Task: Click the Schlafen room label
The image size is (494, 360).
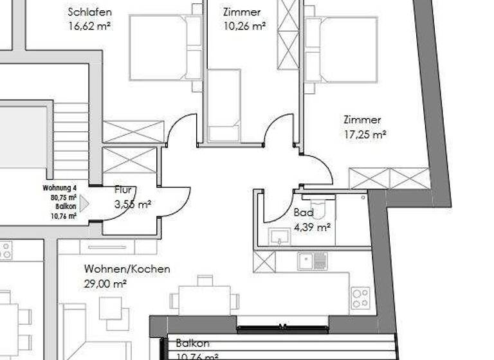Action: (x=89, y=12)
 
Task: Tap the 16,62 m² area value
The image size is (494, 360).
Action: (x=89, y=26)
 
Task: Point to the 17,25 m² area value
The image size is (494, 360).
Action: (x=365, y=135)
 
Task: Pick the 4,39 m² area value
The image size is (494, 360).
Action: (x=311, y=227)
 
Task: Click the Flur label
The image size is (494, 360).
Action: (x=123, y=190)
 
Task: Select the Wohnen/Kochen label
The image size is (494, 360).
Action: (x=127, y=269)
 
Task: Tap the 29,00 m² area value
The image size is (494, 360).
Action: (x=105, y=283)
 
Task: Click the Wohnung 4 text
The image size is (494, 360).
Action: (x=60, y=188)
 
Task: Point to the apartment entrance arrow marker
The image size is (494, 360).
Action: (x=84, y=203)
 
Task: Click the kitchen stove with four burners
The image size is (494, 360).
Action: (x=360, y=298)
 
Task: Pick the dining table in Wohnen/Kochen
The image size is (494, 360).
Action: (x=205, y=298)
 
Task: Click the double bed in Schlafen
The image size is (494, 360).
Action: (x=166, y=48)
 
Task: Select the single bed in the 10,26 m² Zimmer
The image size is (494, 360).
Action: (x=223, y=104)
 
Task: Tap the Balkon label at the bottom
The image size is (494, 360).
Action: (x=192, y=344)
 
